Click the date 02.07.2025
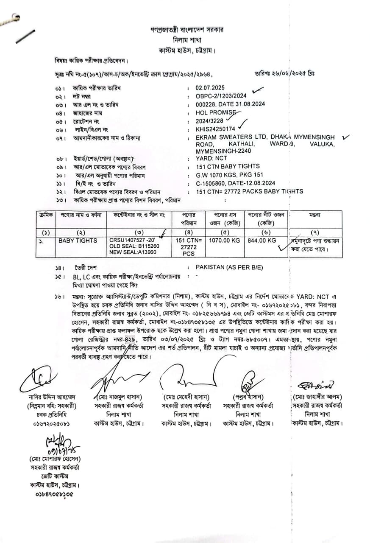[210, 88]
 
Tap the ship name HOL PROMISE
[215, 113]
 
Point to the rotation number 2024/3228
[209, 121]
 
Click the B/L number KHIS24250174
[215, 129]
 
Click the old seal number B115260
[147, 246]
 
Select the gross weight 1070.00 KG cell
[224, 241]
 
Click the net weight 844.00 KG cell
[262, 241]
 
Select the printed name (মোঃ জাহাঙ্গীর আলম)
[317, 397]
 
